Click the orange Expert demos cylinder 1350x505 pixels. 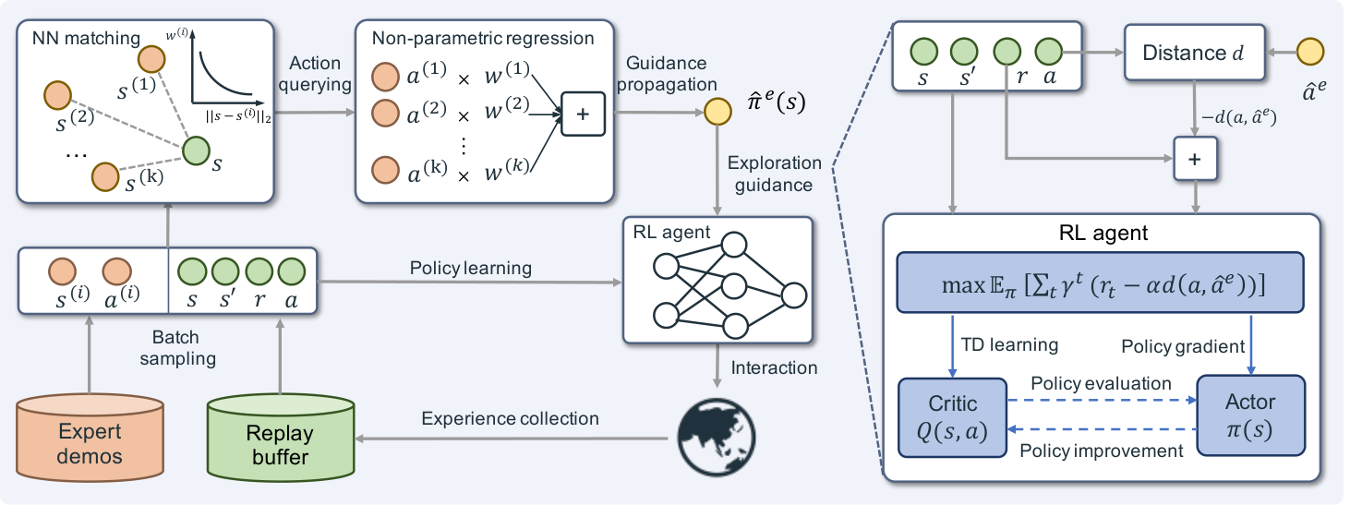pos(90,439)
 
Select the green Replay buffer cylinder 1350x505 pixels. pos(280,439)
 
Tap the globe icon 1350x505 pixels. pos(716,439)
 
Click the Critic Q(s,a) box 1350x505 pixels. pos(952,417)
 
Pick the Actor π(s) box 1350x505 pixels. pos(1250,415)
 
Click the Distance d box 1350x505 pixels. pos(1195,53)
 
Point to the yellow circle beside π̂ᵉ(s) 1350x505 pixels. pos(717,112)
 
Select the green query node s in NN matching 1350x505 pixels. pos(196,150)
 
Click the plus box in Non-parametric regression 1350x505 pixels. pos(583,114)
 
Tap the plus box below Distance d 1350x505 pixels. pos(1195,159)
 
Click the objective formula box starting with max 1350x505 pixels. pos(1101,283)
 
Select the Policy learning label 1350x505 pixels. pos(471,268)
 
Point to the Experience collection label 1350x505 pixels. pos(510,418)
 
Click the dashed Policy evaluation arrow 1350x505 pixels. pos(1103,400)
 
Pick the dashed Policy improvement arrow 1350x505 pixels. pos(1103,429)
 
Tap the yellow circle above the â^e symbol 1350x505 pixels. pos(1310,52)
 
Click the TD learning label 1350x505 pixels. pos(1009,344)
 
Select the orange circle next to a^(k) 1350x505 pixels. pos(385,170)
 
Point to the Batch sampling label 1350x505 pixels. pos(177,348)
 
